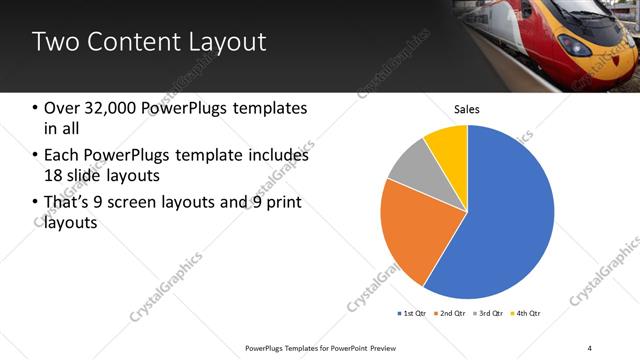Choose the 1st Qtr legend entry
pos(412,313)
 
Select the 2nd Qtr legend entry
pos(450,313)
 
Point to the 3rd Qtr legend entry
pos(488,313)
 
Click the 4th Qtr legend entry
pos(526,313)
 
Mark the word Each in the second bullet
pos(61,155)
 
